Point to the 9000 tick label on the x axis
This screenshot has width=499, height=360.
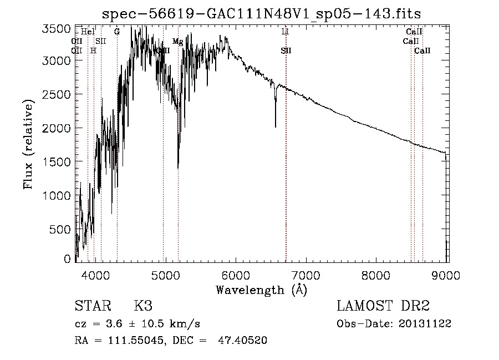tap(447, 275)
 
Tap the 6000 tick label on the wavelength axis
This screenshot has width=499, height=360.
tap(236, 275)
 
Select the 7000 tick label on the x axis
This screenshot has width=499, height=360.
tap(306, 275)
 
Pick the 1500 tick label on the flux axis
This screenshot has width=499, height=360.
tap(57, 162)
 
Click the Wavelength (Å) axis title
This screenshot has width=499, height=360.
tap(261, 290)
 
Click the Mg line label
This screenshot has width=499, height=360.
tap(177, 42)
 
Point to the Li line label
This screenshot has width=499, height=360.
tap(285, 32)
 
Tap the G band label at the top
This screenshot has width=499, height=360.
tap(117, 32)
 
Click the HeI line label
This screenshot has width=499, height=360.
tap(88, 32)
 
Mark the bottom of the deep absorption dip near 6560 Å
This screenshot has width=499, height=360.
tap(276, 126)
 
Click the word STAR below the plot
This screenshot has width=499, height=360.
tap(92, 307)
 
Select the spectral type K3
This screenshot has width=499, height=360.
tap(142, 307)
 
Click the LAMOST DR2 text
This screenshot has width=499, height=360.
tap(383, 307)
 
